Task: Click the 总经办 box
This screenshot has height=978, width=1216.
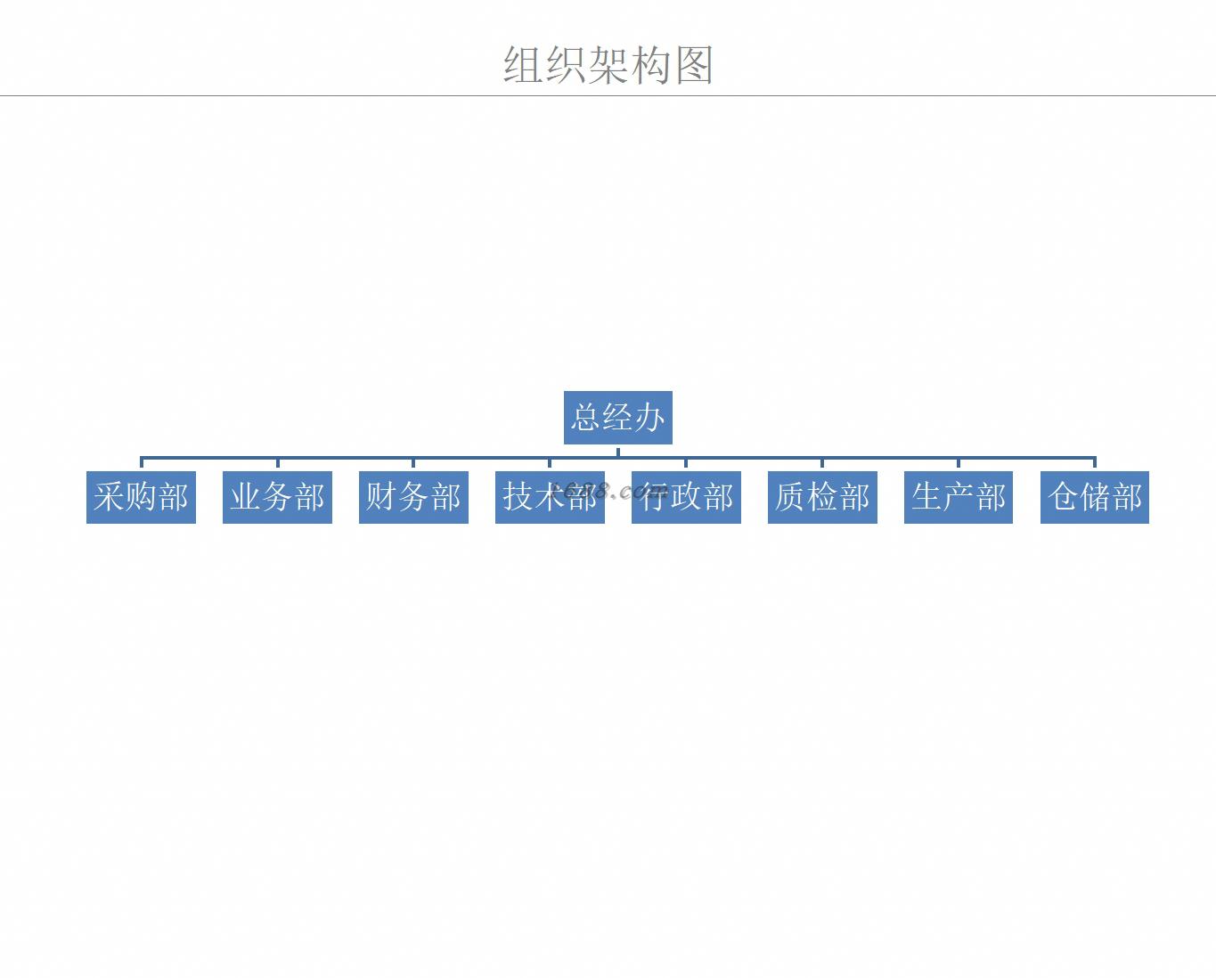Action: tap(617, 417)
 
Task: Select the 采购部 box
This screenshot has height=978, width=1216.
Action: tap(141, 497)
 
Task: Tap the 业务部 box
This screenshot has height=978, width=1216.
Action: tap(277, 497)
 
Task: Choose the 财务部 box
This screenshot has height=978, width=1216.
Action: tap(413, 497)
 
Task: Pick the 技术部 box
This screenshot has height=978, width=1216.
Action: tap(550, 497)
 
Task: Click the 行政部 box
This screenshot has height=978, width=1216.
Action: tap(686, 497)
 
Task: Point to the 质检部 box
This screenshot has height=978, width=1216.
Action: tap(822, 497)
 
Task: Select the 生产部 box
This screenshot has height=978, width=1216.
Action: tap(959, 497)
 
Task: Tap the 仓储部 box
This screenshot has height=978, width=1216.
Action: tap(1095, 497)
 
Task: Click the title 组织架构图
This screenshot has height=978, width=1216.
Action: tap(608, 65)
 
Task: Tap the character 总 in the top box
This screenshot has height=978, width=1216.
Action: tap(586, 417)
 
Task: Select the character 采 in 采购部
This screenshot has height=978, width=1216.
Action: tap(110, 497)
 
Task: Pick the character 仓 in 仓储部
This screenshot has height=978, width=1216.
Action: tap(1064, 497)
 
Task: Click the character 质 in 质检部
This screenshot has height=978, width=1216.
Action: tap(791, 497)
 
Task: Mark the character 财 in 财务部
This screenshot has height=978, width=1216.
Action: tap(381, 497)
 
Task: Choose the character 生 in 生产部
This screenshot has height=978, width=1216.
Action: tap(927, 497)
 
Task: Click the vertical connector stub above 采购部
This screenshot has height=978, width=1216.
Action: tap(142, 464)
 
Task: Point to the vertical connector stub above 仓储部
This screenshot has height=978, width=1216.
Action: tap(1094, 464)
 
